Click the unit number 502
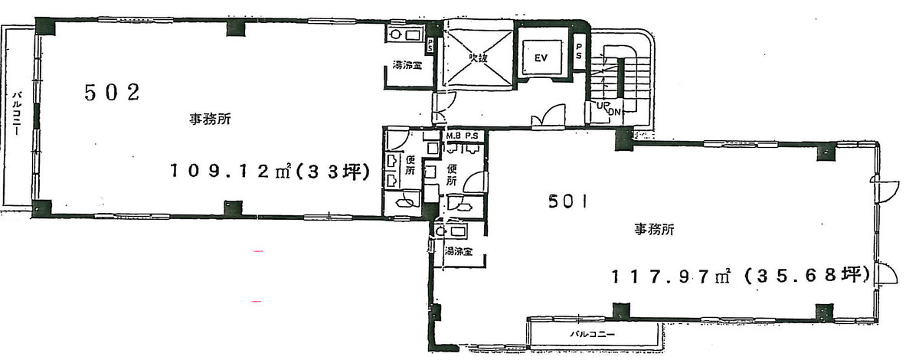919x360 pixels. click(111, 93)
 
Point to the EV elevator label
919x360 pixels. click(540, 57)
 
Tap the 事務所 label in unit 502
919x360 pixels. click(211, 119)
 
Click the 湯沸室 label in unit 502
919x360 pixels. click(407, 65)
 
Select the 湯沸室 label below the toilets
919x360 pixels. click(458, 251)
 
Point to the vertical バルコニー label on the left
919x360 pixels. click(16, 115)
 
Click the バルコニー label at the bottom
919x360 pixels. click(591, 335)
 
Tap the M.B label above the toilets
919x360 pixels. click(453, 136)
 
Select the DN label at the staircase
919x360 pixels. click(613, 112)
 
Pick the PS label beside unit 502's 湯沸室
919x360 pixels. click(431, 46)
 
